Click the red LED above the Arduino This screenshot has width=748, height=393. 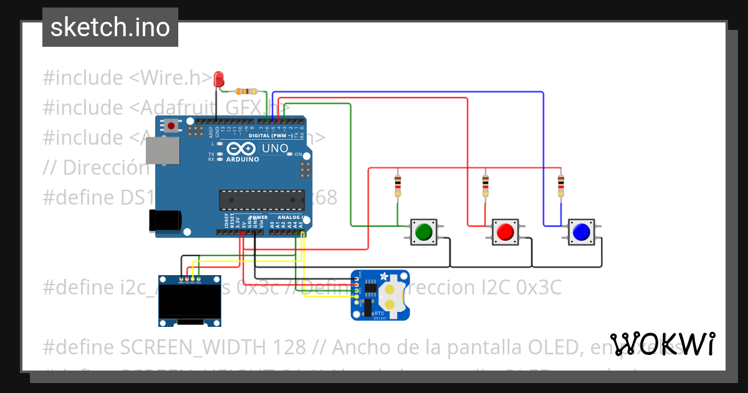pyautogui.click(x=219, y=79)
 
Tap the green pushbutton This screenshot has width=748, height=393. pyautogui.click(x=424, y=231)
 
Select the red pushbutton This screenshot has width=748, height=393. pyautogui.click(x=505, y=231)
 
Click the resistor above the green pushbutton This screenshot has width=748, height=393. pyautogui.click(x=398, y=185)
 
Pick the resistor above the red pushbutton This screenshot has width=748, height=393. pyautogui.click(x=486, y=185)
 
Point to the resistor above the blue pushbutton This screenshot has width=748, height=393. pyautogui.click(x=560, y=185)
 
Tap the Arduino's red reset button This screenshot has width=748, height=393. pyautogui.click(x=171, y=126)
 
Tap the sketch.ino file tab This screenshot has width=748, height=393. pyautogui.click(x=110, y=27)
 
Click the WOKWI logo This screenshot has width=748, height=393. pyautogui.click(x=662, y=344)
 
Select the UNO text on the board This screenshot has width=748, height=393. pyautogui.click(x=275, y=148)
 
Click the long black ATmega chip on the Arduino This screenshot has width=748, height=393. pyautogui.click(x=261, y=200)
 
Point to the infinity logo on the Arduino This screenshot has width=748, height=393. pyautogui.click(x=241, y=148)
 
